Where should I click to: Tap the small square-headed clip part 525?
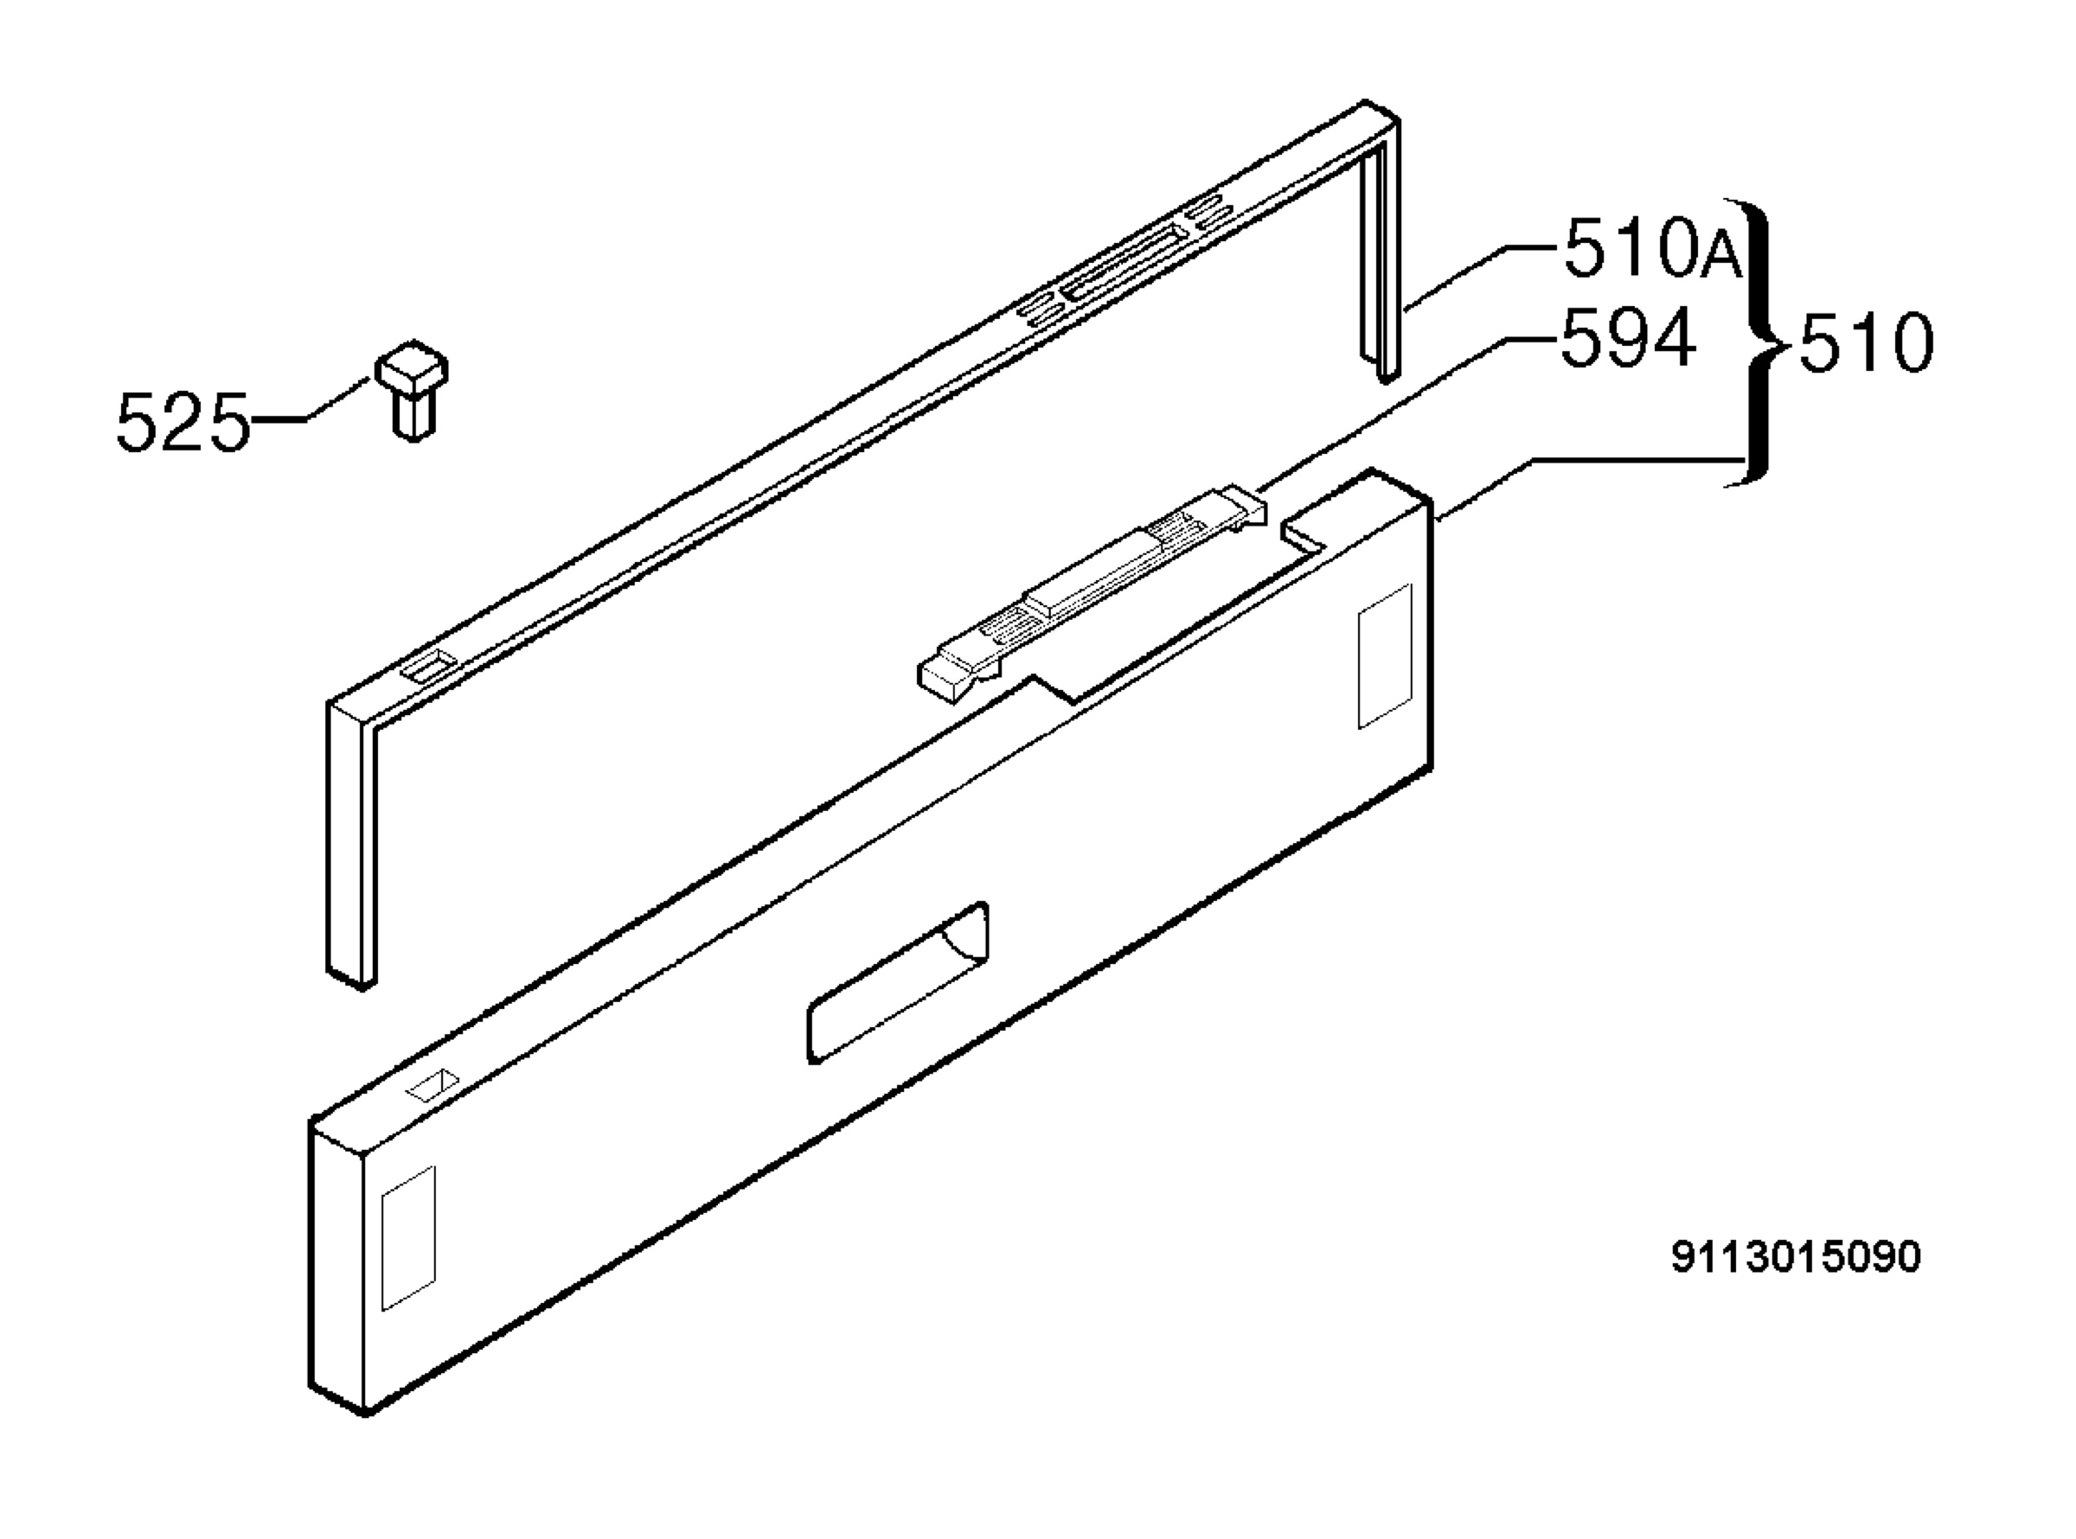412,388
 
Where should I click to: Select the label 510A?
1652,248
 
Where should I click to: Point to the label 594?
1627,339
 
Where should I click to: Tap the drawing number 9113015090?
1796,1257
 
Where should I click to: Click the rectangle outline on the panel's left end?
408,1237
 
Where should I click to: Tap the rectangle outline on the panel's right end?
1385,656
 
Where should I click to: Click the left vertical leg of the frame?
351,843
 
